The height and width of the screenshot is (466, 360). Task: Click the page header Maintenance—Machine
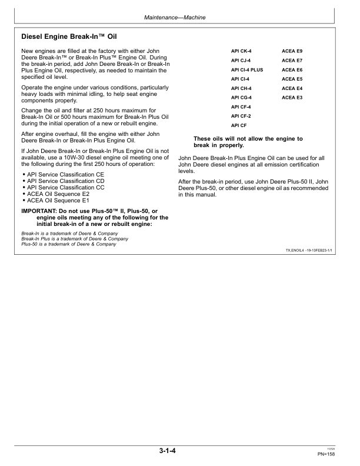175,19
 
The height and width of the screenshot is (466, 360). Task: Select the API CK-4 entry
241,51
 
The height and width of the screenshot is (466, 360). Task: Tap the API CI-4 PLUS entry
247,69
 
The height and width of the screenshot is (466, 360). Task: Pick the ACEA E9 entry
292,51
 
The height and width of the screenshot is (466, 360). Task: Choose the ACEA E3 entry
292,97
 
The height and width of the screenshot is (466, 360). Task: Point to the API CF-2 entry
241,116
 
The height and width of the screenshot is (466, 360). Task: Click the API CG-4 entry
241,97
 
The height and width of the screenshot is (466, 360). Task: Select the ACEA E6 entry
292,69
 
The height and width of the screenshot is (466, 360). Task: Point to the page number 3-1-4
167,452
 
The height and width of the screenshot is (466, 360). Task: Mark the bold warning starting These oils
248,142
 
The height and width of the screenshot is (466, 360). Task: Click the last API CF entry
238,125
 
